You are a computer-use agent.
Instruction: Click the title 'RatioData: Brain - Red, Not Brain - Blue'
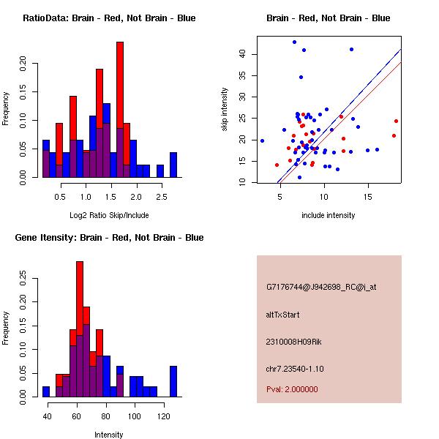[109, 18]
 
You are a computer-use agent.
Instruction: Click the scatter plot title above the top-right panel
[328, 18]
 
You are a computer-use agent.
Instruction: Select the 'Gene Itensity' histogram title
[109, 238]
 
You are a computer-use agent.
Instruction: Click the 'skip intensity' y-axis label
[225, 110]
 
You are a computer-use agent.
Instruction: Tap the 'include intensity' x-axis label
[328, 216]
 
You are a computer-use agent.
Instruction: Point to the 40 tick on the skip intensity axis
[243, 53]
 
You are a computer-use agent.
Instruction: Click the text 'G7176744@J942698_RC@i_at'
[321, 287]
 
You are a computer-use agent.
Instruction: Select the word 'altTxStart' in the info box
[282, 315]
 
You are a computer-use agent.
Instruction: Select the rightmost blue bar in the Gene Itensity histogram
[173, 381]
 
